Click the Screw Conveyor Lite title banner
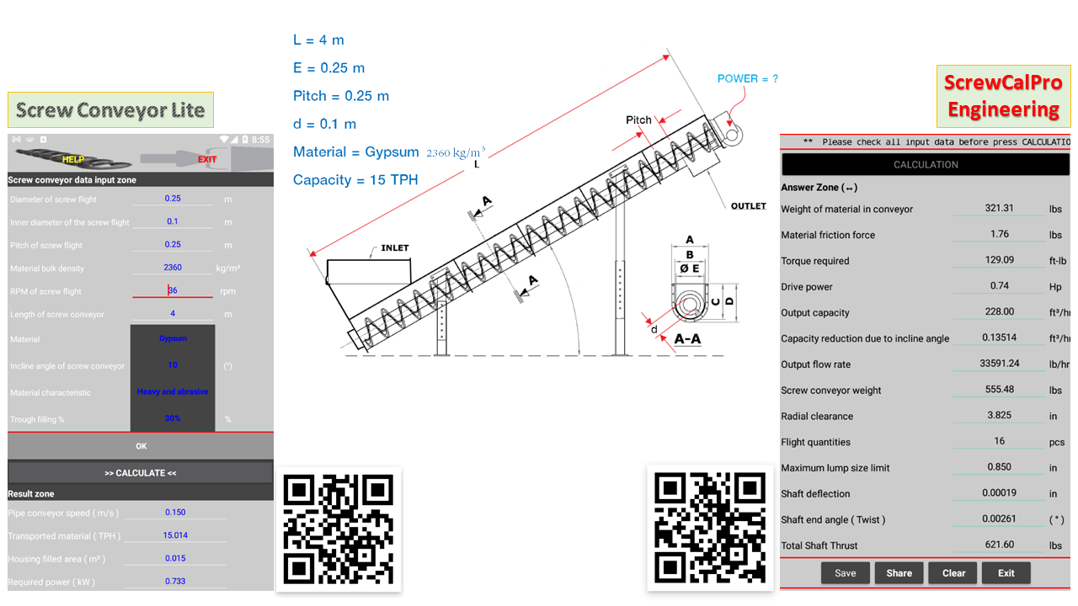pyautogui.click(x=110, y=110)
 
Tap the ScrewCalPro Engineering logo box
pyautogui.click(x=1002, y=96)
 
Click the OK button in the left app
pyautogui.click(x=141, y=446)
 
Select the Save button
pyautogui.click(x=845, y=573)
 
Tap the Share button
pyautogui.click(x=899, y=573)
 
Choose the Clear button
pyautogui.click(x=953, y=573)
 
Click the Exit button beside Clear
pyautogui.click(x=1006, y=573)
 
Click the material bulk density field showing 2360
pyautogui.click(x=173, y=268)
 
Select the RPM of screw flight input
pyautogui.click(x=173, y=290)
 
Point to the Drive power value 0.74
pyautogui.click(x=999, y=286)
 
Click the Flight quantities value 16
pyautogui.click(x=999, y=441)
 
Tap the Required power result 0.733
pyautogui.click(x=175, y=581)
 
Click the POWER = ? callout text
pyautogui.click(x=748, y=78)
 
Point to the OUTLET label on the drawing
pyautogui.click(x=748, y=206)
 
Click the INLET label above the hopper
pyautogui.click(x=394, y=248)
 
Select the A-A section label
pyautogui.click(x=688, y=339)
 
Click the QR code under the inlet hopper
pyautogui.click(x=339, y=529)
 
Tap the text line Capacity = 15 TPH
pyautogui.click(x=355, y=179)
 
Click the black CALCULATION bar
pyautogui.click(x=926, y=164)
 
